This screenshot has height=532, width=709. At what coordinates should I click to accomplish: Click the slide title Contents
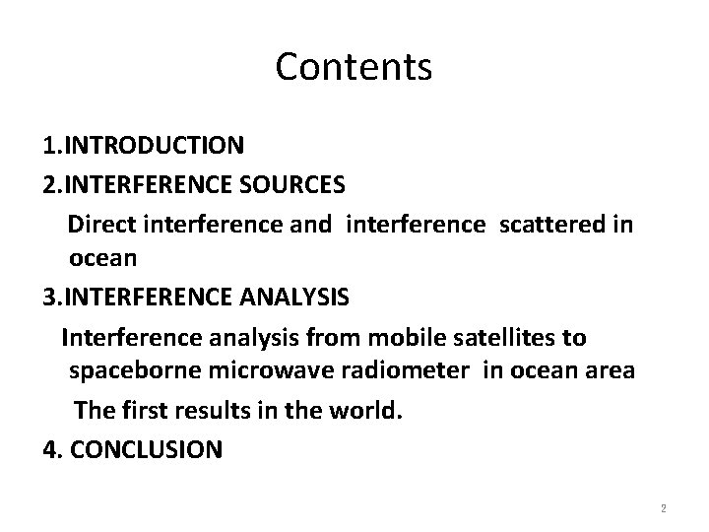pos(354,67)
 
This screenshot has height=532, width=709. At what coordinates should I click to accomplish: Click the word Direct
pos(101,226)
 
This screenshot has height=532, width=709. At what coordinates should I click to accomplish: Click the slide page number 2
pos(664,509)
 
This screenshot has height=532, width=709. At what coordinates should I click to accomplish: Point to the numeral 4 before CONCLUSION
pos(49,449)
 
